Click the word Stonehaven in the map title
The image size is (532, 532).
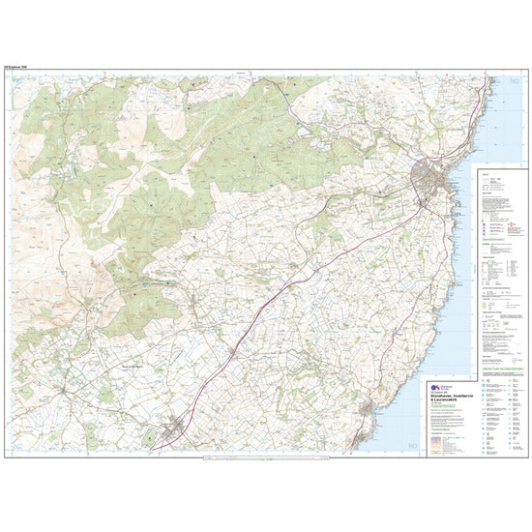point(451,392)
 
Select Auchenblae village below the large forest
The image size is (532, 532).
point(198,308)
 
